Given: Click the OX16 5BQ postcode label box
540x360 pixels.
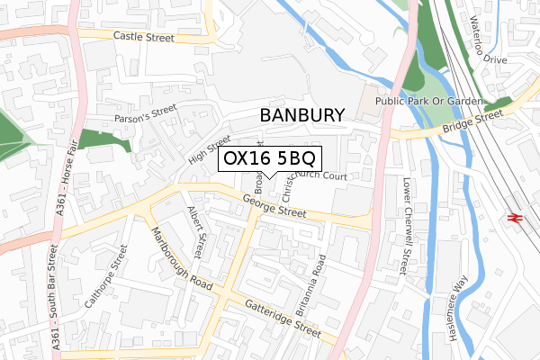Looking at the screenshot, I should click(x=269, y=159).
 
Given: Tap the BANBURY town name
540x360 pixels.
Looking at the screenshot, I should click(x=301, y=115).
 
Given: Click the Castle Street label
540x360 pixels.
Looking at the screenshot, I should click(x=143, y=37).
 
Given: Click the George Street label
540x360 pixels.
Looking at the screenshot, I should click(x=274, y=210).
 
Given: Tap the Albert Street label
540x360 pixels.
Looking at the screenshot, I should click(x=197, y=229).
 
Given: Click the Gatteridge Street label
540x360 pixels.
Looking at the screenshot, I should click(x=269, y=319).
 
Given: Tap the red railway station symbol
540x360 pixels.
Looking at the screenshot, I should click(x=517, y=217).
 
